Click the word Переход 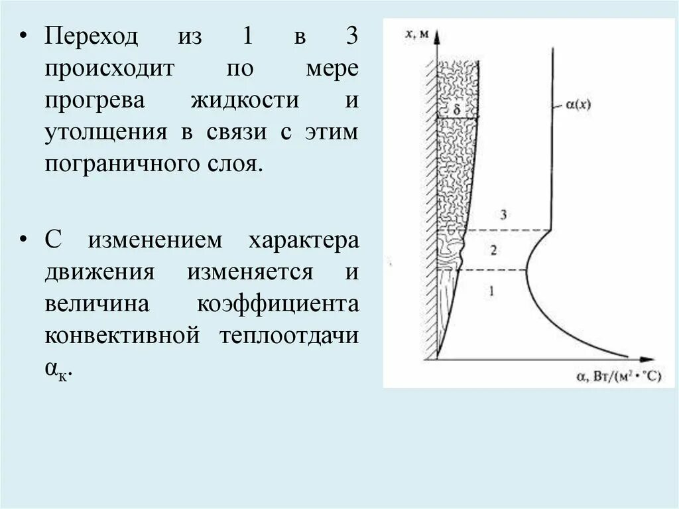click(x=92, y=36)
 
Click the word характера click(x=303, y=240)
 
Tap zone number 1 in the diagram click(x=491, y=290)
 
